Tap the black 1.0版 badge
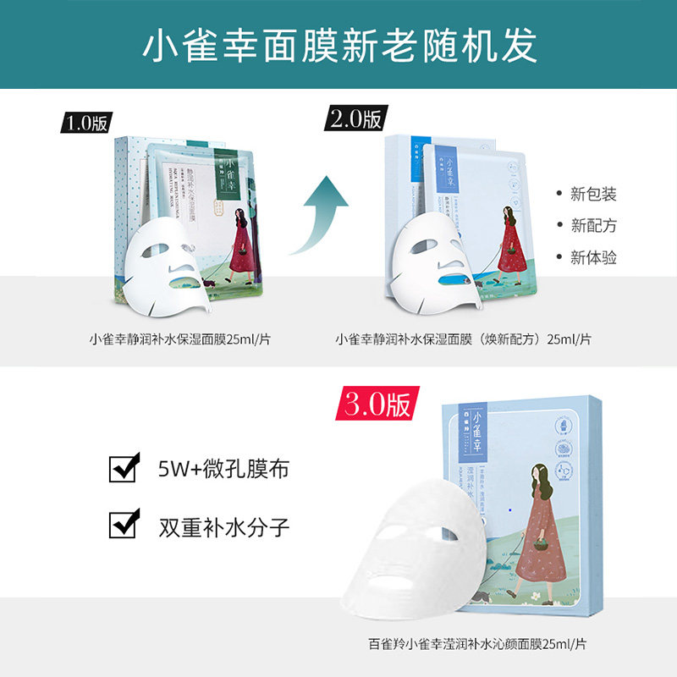pyautogui.click(x=85, y=122)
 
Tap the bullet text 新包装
pyautogui.click(x=592, y=194)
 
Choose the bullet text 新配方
pyautogui.click(x=592, y=226)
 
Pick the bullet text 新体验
pyautogui.click(x=592, y=257)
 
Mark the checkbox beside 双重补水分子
pyautogui.click(x=124, y=526)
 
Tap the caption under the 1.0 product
pyautogui.click(x=185, y=339)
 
